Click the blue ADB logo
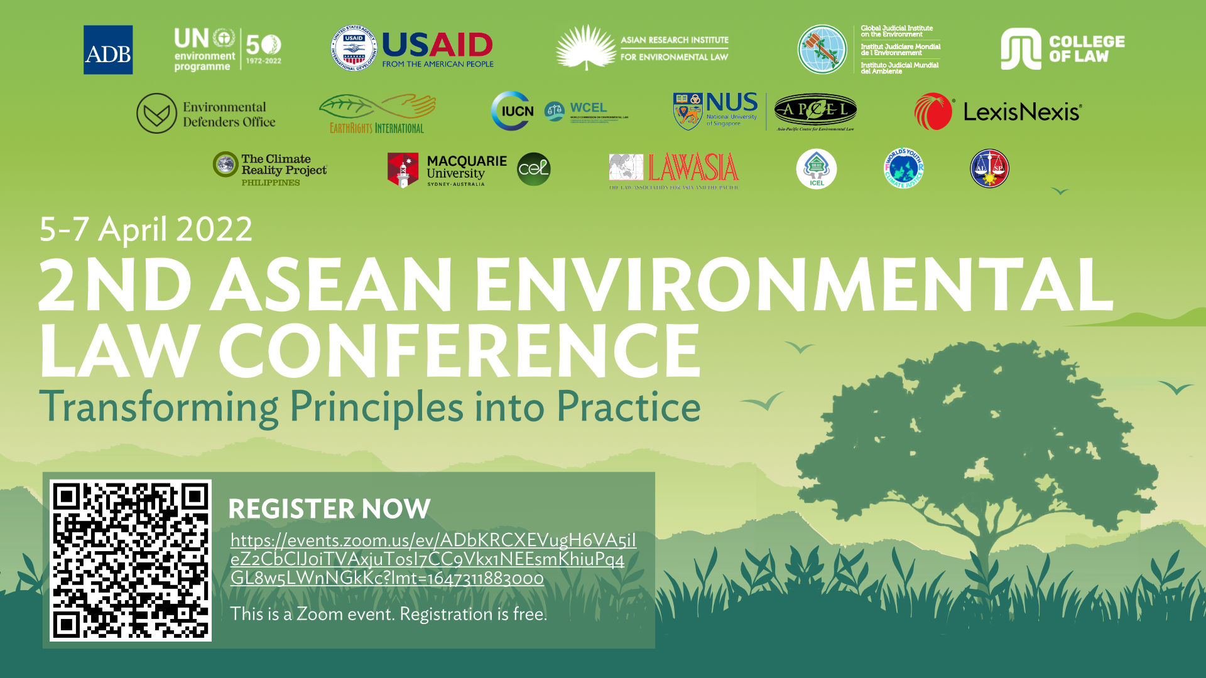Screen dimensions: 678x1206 click(x=108, y=50)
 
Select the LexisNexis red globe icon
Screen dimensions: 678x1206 click(x=933, y=112)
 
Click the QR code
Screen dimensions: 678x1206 click(x=130, y=560)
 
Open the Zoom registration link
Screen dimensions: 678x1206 click(x=433, y=559)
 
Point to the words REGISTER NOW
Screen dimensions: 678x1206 click(x=329, y=508)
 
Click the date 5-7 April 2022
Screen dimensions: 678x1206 click(x=146, y=229)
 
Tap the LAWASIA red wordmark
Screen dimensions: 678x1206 click(x=693, y=168)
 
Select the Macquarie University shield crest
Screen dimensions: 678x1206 click(x=403, y=170)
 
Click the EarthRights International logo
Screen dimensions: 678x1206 click(x=377, y=114)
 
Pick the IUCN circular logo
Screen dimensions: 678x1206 click(x=513, y=111)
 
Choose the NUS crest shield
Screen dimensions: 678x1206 click(x=688, y=111)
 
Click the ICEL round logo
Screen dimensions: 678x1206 click(x=816, y=169)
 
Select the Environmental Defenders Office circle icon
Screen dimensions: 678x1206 click(x=156, y=113)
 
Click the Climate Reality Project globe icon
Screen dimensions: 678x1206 click(x=225, y=164)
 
